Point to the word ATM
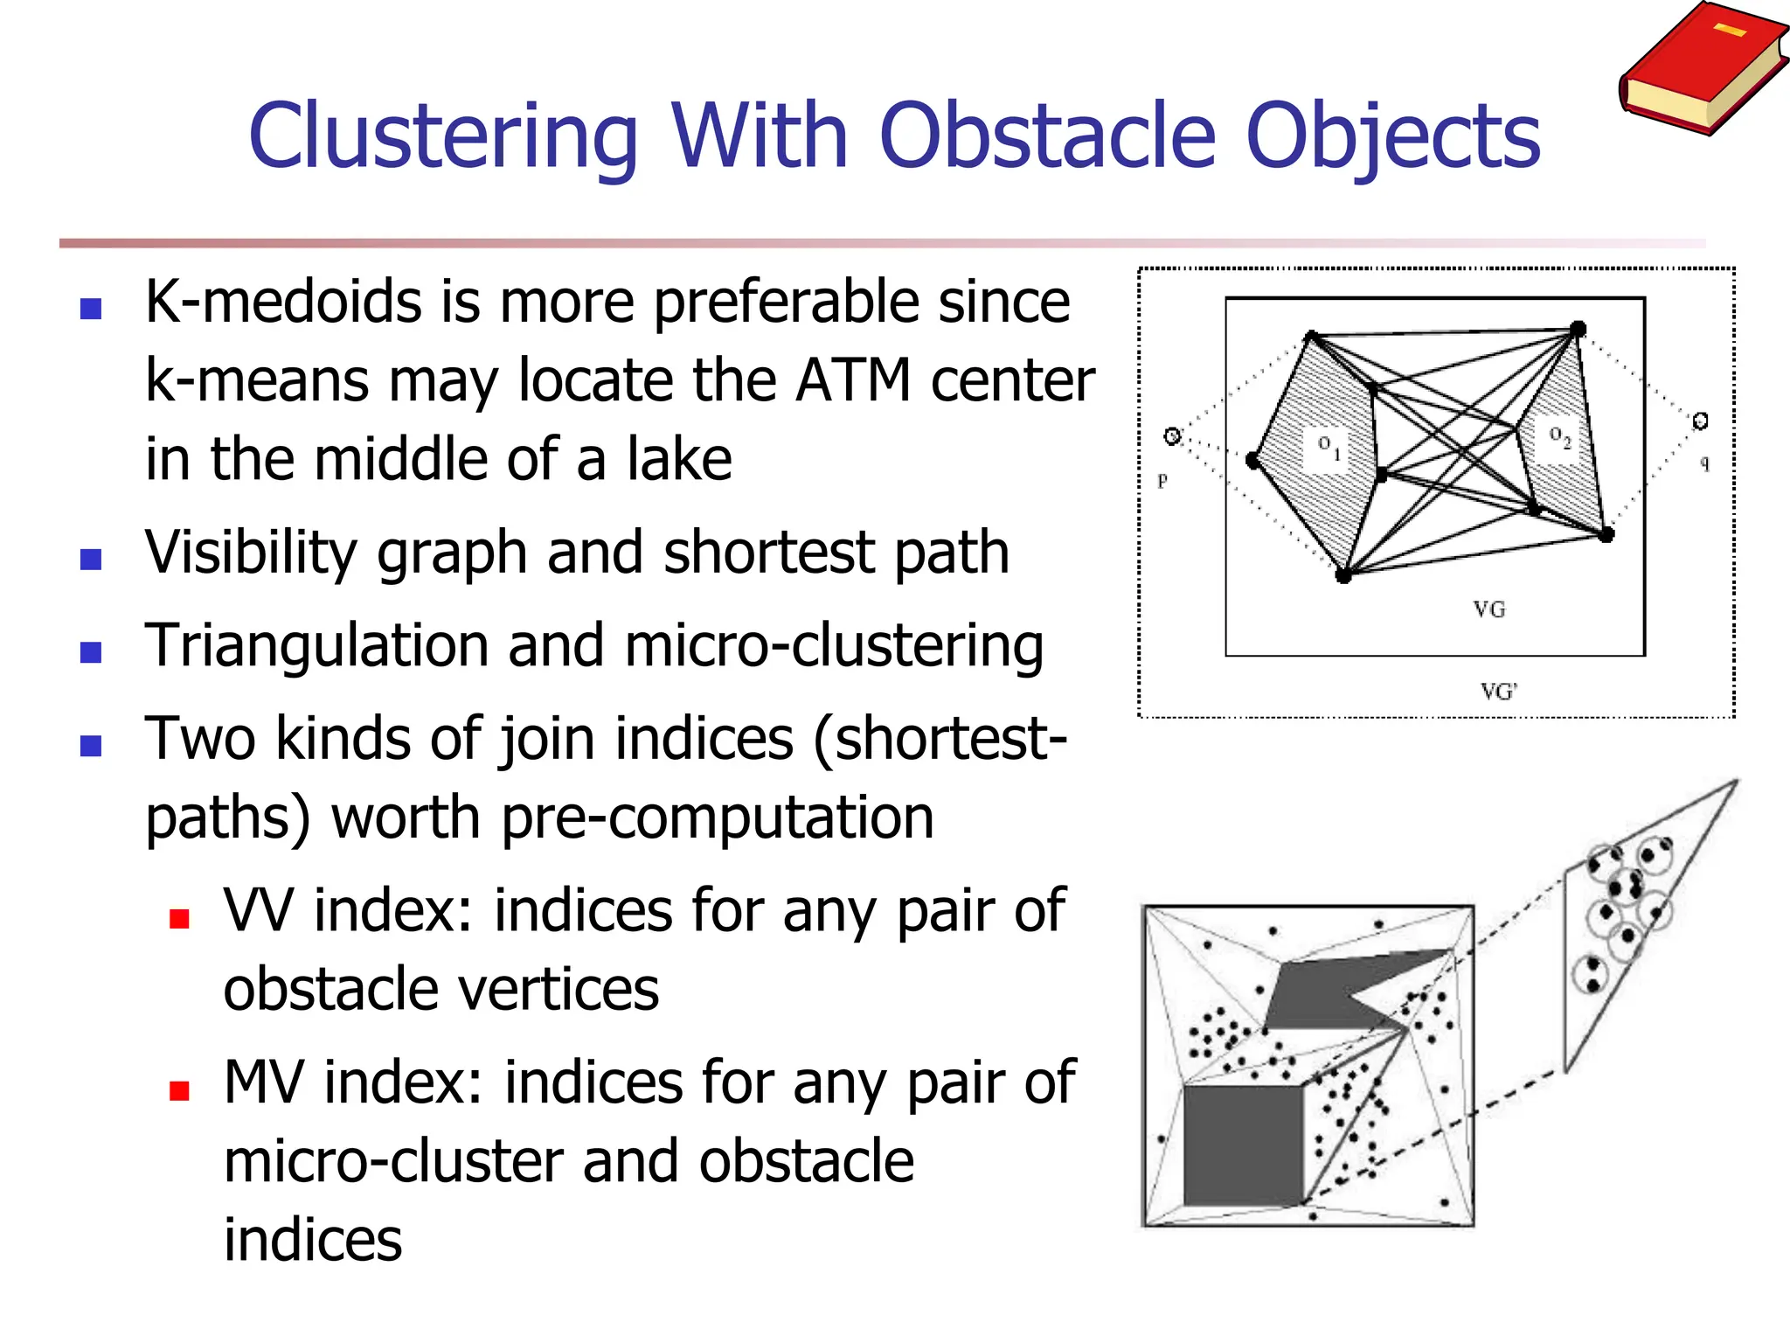[853, 380]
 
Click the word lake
[679, 459]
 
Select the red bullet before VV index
[180, 918]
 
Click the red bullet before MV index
[180, 1090]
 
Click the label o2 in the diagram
[1560, 436]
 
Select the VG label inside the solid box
[1488, 609]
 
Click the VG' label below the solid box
[1498, 692]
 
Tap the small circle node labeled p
[1172, 435]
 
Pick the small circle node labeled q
[1699, 421]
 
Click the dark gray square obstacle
[1242, 1145]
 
